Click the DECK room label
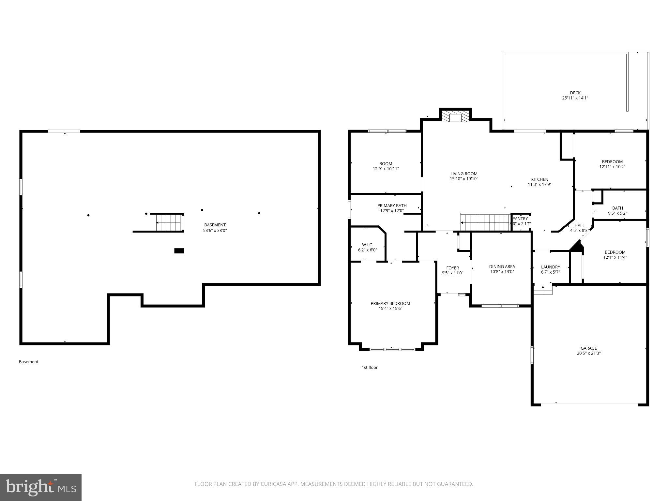(x=575, y=93)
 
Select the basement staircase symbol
(x=169, y=222)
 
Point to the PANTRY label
(x=520, y=219)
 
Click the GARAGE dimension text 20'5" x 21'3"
(x=588, y=353)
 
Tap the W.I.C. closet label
(x=367, y=245)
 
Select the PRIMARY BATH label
(x=392, y=205)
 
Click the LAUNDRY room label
(x=550, y=267)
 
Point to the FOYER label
(x=452, y=268)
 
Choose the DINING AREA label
(x=502, y=266)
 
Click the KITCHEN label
(x=539, y=179)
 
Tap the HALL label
(x=579, y=225)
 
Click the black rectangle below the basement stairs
(x=179, y=251)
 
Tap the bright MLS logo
(x=40, y=487)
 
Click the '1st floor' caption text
(x=369, y=367)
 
